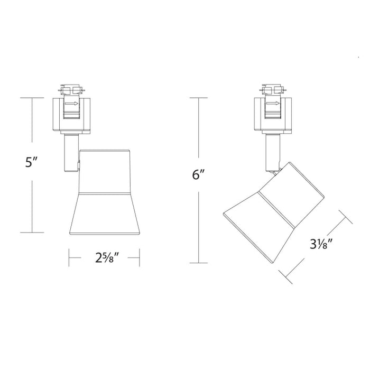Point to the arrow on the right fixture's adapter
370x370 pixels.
273,104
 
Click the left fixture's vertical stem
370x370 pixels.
69,153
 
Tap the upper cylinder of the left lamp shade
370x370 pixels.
104,170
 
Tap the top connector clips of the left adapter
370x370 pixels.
72,88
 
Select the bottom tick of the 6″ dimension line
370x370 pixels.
198,263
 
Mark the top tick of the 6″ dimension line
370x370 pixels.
198,98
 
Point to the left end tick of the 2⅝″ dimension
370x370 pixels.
69,259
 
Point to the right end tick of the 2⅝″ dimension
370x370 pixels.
139,259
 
